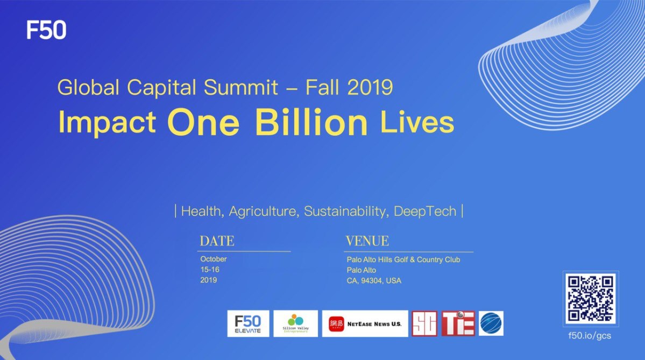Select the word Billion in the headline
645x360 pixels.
312,123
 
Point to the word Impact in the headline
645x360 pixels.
107,123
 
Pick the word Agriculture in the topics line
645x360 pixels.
264,211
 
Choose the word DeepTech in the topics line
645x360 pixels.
425,211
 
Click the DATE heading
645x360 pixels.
217,241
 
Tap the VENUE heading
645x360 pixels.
367,241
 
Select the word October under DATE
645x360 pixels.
214,259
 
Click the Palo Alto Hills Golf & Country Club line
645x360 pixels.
403,259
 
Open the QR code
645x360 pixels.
590,299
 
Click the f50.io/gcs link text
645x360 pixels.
590,335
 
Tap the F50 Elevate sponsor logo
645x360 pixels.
248,323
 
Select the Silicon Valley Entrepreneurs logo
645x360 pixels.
295,323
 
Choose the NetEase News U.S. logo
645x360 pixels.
365,323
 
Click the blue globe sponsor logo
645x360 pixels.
491,323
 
